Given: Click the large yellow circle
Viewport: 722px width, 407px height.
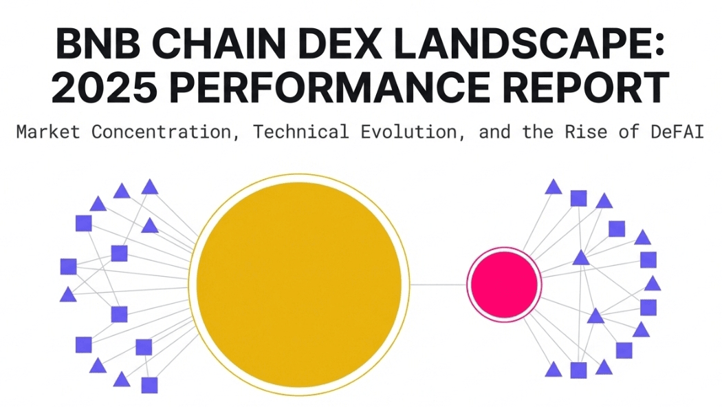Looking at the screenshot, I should click(298, 284).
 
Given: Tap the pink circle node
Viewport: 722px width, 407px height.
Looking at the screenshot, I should click(504, 284).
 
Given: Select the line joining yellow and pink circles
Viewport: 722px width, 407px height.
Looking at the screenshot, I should click(439, 284).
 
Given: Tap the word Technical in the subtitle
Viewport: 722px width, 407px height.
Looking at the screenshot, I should click(301, 132).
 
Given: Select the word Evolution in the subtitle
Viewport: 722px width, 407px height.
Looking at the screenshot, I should click(408, 132).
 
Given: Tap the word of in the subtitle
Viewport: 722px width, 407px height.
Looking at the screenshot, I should click(629, 132).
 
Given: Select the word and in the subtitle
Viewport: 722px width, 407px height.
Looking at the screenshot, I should click(492, 132).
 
